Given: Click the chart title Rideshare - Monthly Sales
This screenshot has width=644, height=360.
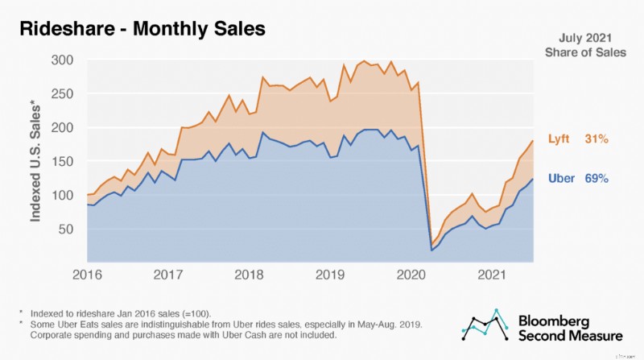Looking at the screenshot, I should point(142,29).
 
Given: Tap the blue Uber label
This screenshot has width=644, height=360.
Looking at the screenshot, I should point(562,178).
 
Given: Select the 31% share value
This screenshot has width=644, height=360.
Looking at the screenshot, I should point(597,140).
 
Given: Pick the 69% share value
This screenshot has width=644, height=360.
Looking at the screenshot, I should point(597,178).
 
